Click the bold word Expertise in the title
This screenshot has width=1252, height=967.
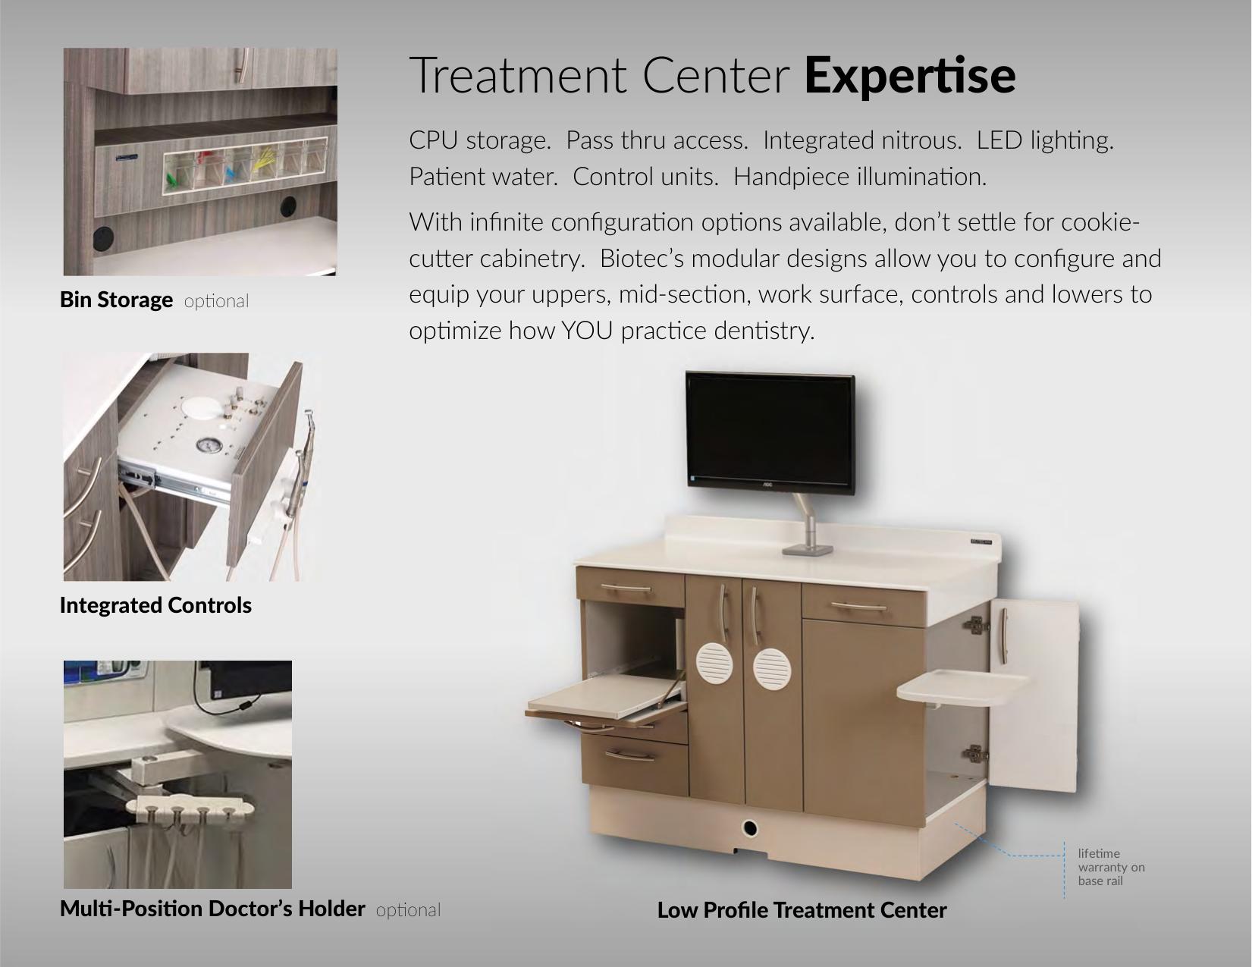[910, 76]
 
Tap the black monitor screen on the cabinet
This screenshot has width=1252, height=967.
[770, 429]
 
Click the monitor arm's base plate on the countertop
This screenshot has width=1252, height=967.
[807, 550]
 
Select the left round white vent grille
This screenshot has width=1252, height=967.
[714, 663]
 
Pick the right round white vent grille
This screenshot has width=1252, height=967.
[772, 669]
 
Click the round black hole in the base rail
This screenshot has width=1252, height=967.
[750, 829]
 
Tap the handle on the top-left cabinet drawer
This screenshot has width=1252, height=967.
[626, 588]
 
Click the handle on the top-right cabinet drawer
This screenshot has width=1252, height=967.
[858, 607]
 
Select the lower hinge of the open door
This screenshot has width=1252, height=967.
[975, 752]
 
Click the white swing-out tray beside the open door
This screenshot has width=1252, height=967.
[962, 687]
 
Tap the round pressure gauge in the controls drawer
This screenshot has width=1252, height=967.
[209, 445]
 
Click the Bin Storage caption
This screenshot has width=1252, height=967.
[116, 300]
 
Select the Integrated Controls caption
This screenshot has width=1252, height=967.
[155, 605]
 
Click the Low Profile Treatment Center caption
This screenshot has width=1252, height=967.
[802, 910]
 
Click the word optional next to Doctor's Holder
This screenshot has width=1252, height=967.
[408, 910]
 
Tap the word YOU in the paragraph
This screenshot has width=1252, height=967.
[586, 331]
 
